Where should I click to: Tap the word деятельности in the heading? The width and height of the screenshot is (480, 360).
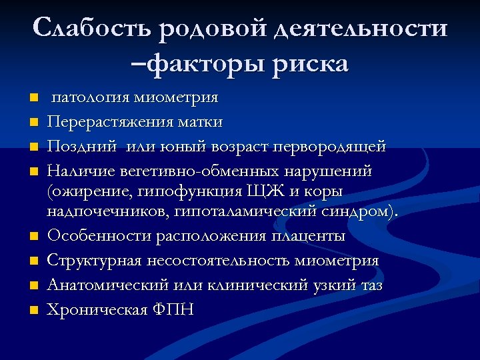[x=360, y=29]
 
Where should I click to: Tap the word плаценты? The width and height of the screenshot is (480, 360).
[x=307, y=237]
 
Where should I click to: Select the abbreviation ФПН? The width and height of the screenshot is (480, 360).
[x=173, y=309]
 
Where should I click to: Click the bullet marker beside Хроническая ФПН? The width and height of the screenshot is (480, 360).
[x=35, y=309]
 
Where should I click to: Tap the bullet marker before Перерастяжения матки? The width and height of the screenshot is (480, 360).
[x=35, y=123]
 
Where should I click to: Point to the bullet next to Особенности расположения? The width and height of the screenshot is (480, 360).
[x=35, y=237]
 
